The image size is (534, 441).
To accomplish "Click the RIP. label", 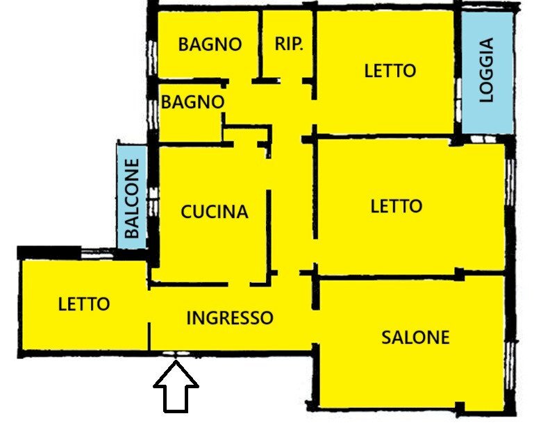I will coord(289,44).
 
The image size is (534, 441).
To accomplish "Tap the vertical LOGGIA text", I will coord(486,70).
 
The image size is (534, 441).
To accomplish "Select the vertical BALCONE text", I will coord(132,199).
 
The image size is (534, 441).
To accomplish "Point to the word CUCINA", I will coord(215,211).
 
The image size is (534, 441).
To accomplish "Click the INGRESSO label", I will coord(230,318).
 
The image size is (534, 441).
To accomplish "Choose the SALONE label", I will coord(415,338).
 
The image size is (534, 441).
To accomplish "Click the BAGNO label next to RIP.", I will coord(210,44).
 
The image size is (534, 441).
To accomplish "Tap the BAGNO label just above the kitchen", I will coord(193,101).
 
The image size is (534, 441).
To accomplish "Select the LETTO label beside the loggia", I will coord(390,70).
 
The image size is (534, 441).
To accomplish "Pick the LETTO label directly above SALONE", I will coord(396,206).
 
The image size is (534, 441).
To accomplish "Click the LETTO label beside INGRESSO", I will coord(83,303).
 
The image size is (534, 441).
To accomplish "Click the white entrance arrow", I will coord(176,390).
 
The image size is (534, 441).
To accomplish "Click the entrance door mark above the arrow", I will coord(176,355).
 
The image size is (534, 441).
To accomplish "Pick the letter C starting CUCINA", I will coord(186,211).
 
